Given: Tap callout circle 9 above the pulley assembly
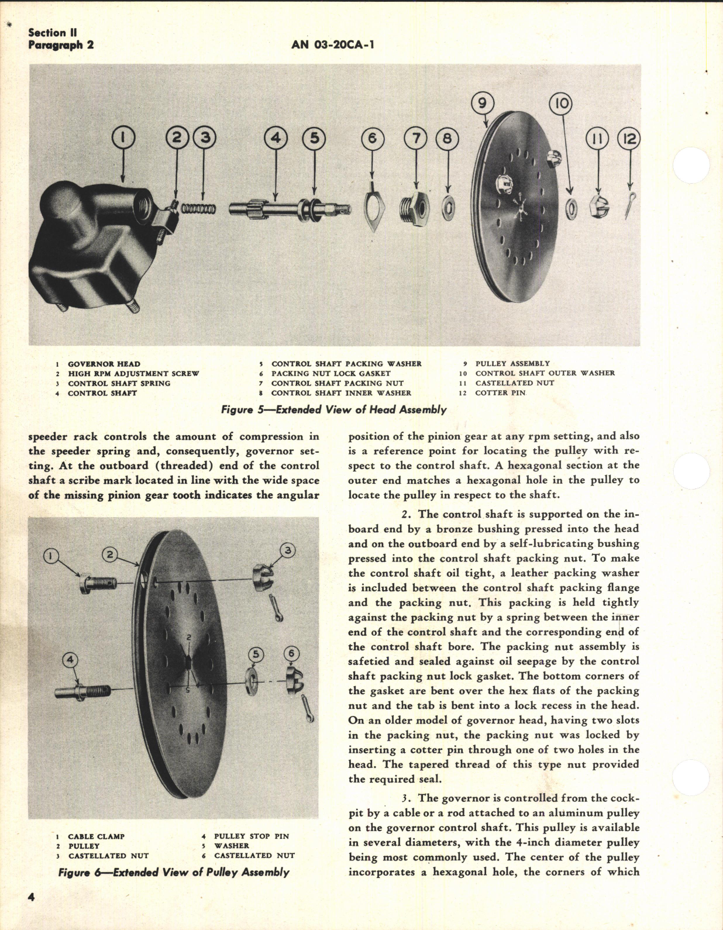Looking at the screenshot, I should point(482,104).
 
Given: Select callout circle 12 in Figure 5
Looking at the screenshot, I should point(629,139).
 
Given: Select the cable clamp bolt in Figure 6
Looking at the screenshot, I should point(98,583).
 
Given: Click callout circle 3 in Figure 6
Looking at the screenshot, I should point(287,549).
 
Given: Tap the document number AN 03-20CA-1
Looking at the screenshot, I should point(332,45).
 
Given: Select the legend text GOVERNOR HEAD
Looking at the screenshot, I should point(104,364).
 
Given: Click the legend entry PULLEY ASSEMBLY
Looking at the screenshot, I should point(512,363).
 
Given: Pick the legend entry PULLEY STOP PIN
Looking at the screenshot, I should point(251,836).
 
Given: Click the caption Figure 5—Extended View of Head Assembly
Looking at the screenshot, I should point(333,410).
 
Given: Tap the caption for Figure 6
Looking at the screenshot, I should point(174,872).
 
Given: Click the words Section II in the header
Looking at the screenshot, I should point(52,33).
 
